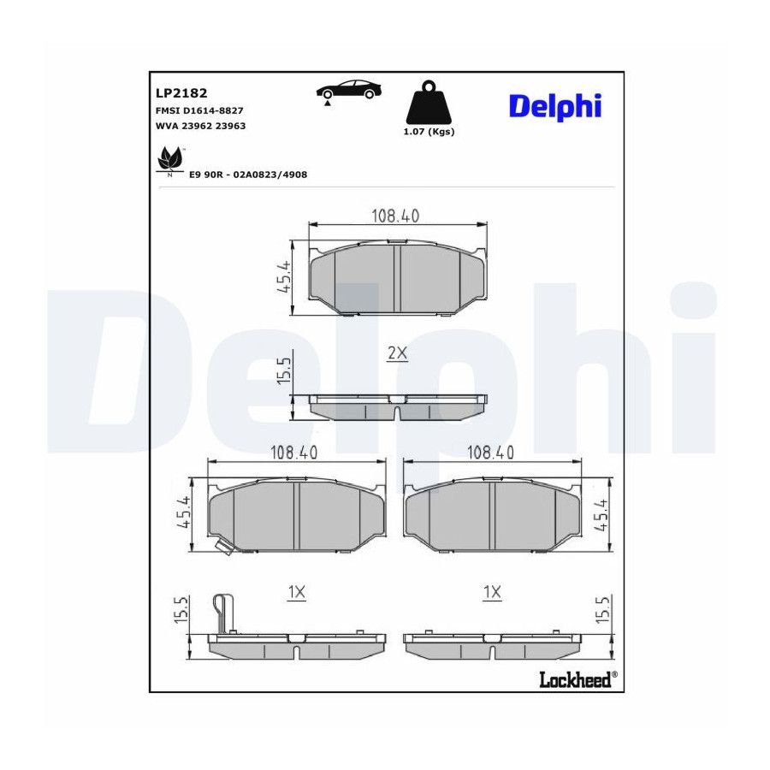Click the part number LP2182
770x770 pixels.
click(181, 92)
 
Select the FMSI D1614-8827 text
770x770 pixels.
click(199, 111)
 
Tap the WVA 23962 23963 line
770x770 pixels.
click(200, 126)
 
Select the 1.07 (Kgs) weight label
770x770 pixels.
click(429, 132)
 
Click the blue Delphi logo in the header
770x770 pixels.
click(555, 107)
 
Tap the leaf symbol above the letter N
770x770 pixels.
click(170, 158)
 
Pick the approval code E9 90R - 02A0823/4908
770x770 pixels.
click(248, 175)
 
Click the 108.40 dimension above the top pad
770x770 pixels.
click(395, 216)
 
